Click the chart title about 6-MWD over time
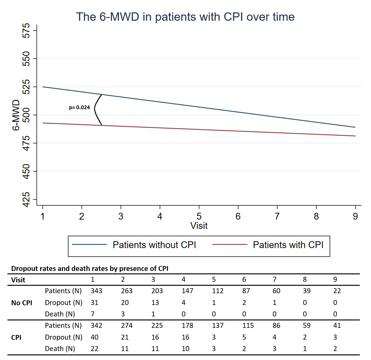[x=185, y=17]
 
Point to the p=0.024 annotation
[x=79, y=108]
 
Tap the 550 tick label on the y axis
[x=27, y=58]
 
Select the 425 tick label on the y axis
[x=27, y=199]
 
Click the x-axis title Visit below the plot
[x=199, y=226]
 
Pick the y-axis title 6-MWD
[x=16, y=115]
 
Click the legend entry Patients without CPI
[x=154, y=245]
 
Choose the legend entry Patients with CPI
[x=288, y=245]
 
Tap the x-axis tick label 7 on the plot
[x=277, y=216]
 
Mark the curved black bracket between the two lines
[x=96, y=109]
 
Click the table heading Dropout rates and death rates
[x=90, y=268]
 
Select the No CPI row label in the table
[x=22, y=303]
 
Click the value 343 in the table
[x=96, y=291]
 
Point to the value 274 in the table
[x=127, y=326]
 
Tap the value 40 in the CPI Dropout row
[x=94, y=337]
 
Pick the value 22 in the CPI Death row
[x=94, y=349]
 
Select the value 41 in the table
[x=337, y=326]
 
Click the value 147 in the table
[x=187, y=291]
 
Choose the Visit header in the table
[x=18, y=280]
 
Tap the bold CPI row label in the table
[x=16, y=337]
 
